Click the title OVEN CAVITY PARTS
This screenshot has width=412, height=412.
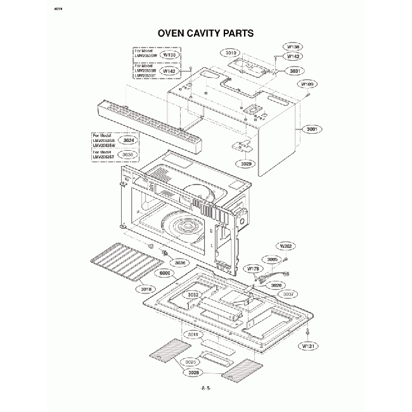pyautogui.click(x=205, y=32)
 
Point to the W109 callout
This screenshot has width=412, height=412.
pyautogui.click(x=307, y=84)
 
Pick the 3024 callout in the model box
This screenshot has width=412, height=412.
pyautogui.click(x=129, y=140)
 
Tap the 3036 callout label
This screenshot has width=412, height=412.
pyautogui.click(x=180, y=262)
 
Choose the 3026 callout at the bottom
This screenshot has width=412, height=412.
pyautogui.click(x=194, y=372)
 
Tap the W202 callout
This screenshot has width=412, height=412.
pyautogui.click(x=286, y=245)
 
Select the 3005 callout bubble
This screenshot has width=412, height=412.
pyautogui.click(x=272, y=259)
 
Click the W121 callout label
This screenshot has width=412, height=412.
pyautogui.click(x=308, y=346)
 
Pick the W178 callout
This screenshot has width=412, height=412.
pyautogui.click(x=253, y=269)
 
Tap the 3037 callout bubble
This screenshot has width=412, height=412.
pyautogui.click(x=288, y=295)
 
